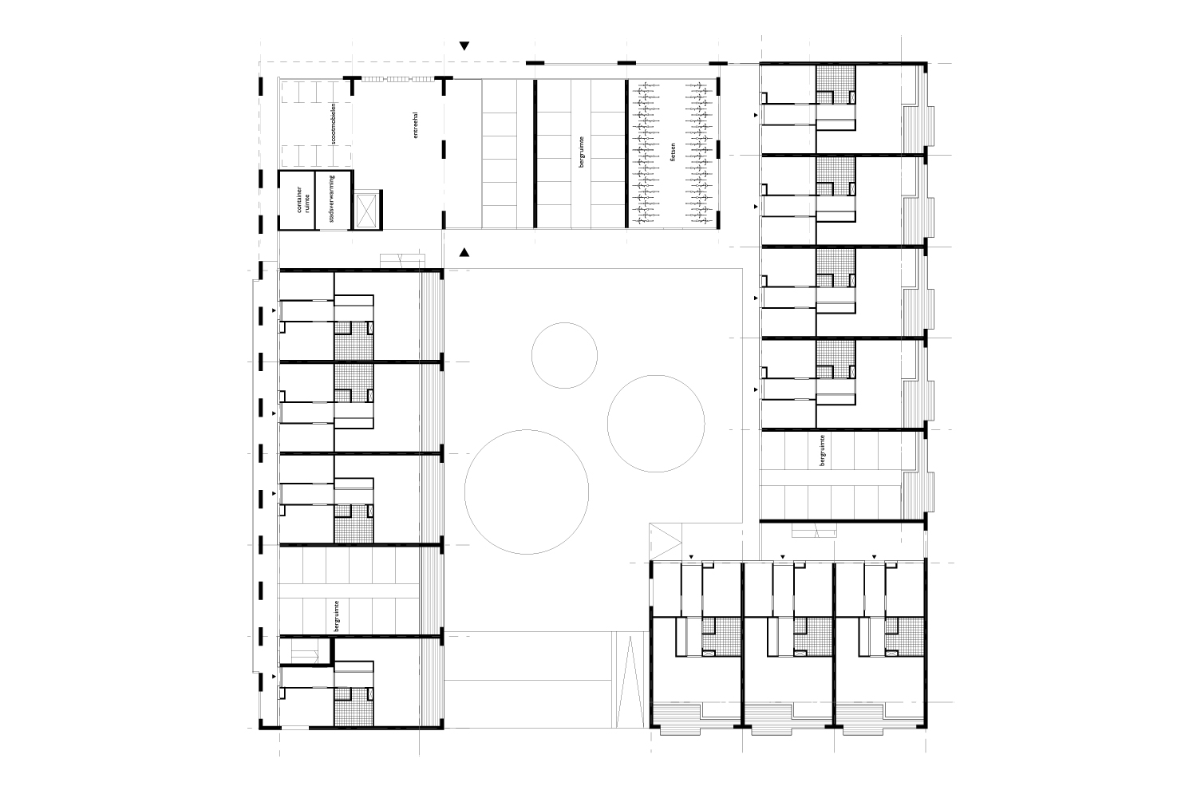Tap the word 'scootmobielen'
pyautogui.click(x=334, y=123)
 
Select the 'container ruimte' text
pyautogui.click(x=303, y=199)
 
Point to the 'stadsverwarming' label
pyautogui.click(x=332, y=198)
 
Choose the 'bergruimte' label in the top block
pyautogui.click(x=582, y=152)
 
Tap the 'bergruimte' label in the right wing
pyautogui.click(x=822, y=450)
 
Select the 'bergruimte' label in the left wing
pyautogui.click(x=337, y=616)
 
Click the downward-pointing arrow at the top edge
pyautogui.click(x=464, y=46)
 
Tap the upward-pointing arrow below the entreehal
pyautogui.click(x=464, y=252)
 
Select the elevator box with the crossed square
pyautogui.click(x=366, y=209)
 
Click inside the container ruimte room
pyautogui.click(x=297, y=200)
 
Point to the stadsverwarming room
pyautogui.click(x=333, y=200)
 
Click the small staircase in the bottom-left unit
pyautogui.click(x=305, y=652)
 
